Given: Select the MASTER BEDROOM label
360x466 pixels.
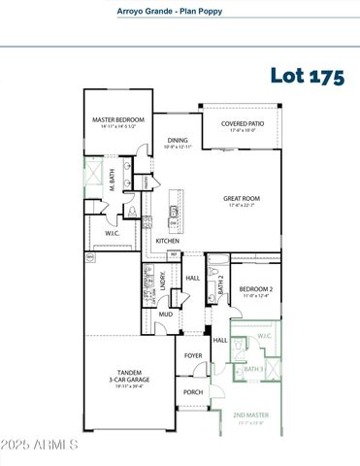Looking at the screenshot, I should [119, 122].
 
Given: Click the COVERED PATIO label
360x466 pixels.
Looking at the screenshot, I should [240, 123].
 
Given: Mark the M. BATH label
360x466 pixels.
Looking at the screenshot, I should [113, 180].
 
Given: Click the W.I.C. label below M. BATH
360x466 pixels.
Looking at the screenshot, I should [113, 233].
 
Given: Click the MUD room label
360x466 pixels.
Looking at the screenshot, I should [166, 315].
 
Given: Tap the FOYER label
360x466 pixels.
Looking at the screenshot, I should [194, 355].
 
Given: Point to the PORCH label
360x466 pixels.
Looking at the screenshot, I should [194, 392].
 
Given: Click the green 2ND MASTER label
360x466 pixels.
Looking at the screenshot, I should [251, 416].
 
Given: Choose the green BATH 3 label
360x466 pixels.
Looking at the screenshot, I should [253, 370].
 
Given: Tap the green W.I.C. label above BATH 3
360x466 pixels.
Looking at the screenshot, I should [265, 337].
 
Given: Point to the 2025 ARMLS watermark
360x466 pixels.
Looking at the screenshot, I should [39, 446].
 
